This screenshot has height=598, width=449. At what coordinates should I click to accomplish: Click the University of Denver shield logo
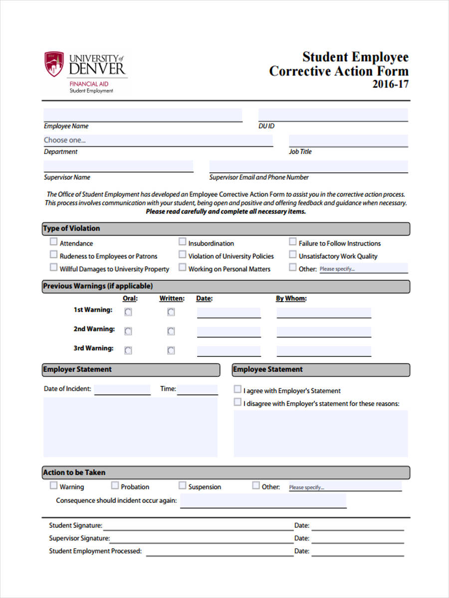click(x=54, y=64)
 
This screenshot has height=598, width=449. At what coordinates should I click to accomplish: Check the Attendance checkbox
click(x=53, y=242)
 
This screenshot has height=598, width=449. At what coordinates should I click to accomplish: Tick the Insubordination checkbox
click(x=183, y=242)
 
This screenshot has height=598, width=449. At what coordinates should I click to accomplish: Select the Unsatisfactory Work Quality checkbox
click(x=293, y=255)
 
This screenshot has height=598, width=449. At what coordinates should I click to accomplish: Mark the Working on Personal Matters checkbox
click(x=183, y=268)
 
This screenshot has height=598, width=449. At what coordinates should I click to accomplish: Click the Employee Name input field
click(x=143, y=115)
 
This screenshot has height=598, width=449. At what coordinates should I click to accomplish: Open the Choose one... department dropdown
click(x=158, y=140)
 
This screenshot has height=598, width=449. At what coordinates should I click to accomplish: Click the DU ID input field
click(x=333, y=115)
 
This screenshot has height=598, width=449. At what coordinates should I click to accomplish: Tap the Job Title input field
click(x=348, y=141)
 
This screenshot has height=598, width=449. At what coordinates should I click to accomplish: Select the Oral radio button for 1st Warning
click(x=128, y=312)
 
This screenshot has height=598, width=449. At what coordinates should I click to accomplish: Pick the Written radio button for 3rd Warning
click(x=171, y=350)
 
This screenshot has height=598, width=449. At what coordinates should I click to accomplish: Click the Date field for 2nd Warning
click(x=228, y=332)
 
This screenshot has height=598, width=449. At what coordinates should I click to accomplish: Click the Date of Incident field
click(x=122, y=389)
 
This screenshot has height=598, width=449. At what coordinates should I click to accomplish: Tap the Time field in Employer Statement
click(x=198, y=389)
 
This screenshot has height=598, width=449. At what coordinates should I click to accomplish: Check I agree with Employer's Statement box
click(x=237, y=389)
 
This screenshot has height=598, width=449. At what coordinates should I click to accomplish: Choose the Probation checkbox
click(x=115, y=485)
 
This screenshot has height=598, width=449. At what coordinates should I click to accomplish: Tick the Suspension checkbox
click(x=183, y=485)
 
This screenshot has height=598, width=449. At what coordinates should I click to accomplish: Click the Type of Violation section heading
click(x=71, y=229)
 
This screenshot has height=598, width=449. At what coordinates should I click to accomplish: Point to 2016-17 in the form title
click(x=390, y=84)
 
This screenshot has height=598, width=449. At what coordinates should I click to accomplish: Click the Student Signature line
click(x=197, y=526)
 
